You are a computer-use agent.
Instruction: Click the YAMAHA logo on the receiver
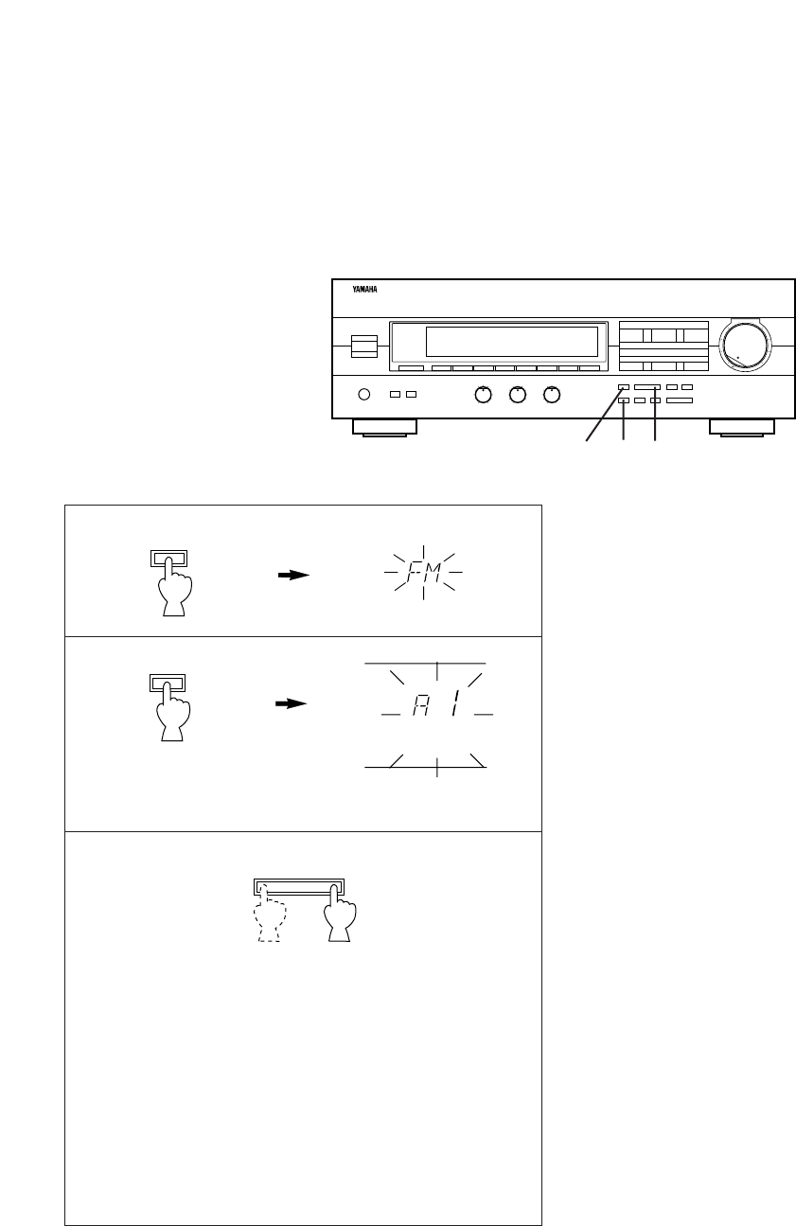364,290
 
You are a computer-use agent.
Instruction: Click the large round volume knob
745,346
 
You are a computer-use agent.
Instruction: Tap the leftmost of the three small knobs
483,395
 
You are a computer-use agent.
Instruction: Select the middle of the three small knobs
518,395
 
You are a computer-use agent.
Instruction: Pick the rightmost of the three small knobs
552,395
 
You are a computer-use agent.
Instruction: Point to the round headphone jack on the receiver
363,394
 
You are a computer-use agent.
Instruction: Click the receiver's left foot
384,428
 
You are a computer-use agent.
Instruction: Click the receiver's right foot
742,428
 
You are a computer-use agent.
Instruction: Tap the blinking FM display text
423,573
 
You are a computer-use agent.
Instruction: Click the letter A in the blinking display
420,704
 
